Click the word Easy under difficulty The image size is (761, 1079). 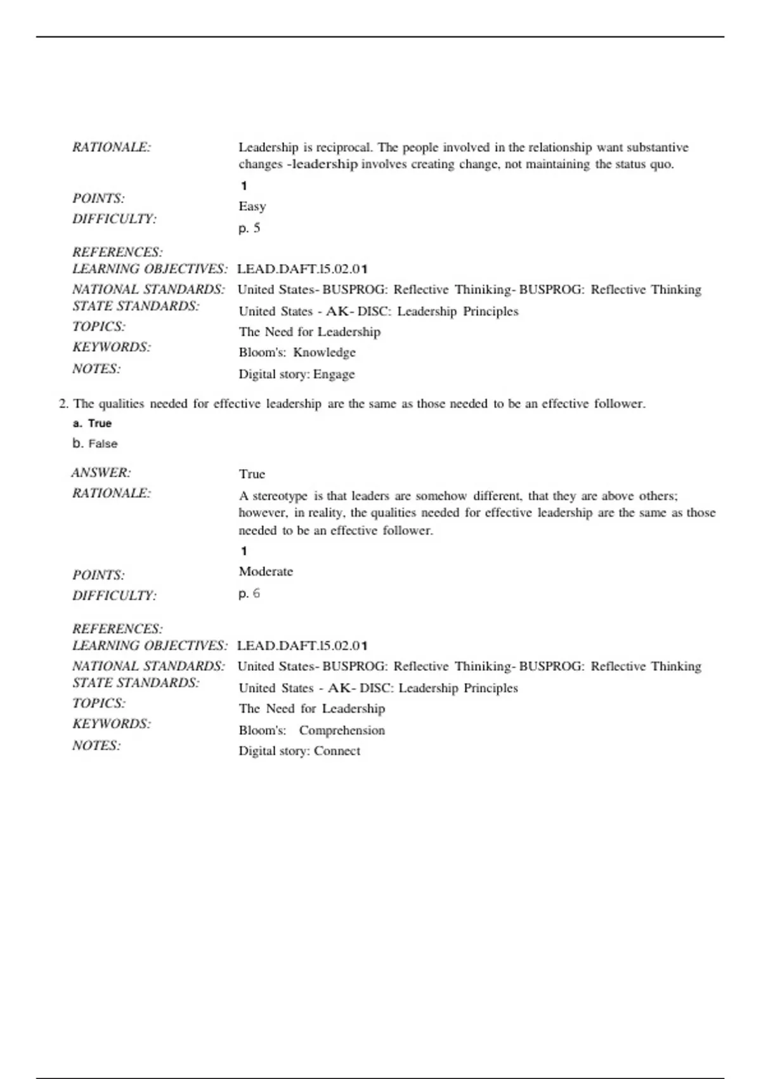[252, 206]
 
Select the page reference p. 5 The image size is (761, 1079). [249, 228]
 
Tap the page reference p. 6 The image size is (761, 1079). [249, 593]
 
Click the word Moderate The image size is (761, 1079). [266, 571]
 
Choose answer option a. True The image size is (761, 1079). [93, 423]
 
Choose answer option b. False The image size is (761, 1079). [95, 444]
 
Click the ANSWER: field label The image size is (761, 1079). [101, 473]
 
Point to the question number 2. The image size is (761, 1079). [63, 404]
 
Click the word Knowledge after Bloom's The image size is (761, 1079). [324, 352]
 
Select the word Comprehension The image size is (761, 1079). [342, 731]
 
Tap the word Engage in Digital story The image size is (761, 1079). [334, 374]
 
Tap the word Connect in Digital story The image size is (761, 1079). [337, 751]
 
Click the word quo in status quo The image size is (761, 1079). [662, 164]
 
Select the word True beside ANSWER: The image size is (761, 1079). [252, 474]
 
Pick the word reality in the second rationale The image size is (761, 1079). [325, 513]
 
